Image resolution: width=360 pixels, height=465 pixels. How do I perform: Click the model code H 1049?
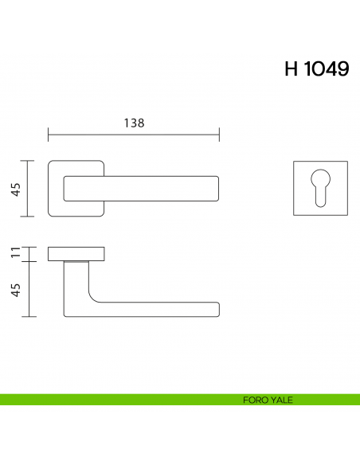coord(316,69)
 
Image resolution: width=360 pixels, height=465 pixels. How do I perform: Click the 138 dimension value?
coord(134,123)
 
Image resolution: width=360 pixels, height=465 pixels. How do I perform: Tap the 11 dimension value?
coord(15,255)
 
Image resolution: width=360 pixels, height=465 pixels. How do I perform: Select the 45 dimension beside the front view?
coord(15,189)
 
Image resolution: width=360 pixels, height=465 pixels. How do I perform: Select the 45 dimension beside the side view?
coord(15,289)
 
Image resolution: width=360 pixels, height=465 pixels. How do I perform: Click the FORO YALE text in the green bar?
coord(268,400)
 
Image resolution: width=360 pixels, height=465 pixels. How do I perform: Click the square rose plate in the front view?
coord(56,189)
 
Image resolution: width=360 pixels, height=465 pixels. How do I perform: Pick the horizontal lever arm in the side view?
coord(159,309)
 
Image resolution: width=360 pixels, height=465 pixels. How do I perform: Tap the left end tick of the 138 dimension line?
coord(49,136)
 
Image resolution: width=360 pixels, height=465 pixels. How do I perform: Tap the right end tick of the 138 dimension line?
coord(220,136)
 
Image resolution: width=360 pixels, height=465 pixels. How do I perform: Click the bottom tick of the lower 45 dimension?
coord(29,316)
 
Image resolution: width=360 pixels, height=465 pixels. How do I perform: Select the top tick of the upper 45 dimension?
coord(29,161)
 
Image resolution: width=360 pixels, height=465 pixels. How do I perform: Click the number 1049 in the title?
coord(326,69)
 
